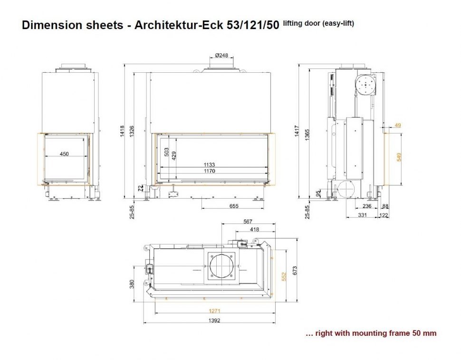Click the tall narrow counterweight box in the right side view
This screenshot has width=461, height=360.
(355, 148)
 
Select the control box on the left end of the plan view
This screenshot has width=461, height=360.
(150, 268)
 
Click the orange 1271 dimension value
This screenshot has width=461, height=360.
(215, 311)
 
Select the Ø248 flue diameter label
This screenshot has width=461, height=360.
(221, 55)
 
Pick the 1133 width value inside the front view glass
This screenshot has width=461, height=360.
(209, 165)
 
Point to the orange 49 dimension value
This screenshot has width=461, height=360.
(398, 125)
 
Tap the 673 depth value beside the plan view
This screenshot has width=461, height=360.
(295, 271)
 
